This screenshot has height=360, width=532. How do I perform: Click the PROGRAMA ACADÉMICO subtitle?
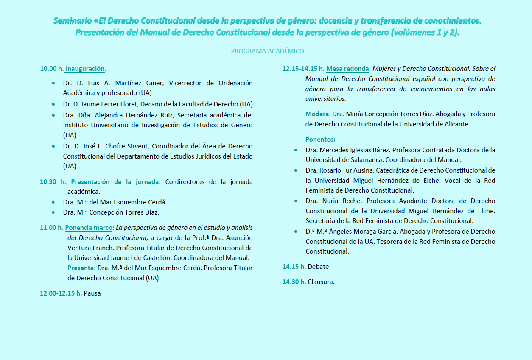point(267,51)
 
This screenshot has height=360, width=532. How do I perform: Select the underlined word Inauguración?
point(85,68)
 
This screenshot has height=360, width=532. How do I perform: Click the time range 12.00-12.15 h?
point(61,293)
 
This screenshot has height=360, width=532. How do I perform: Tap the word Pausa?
point(92,293)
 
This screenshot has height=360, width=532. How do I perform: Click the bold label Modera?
point(318,114)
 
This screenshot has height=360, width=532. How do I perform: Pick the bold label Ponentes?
point(320,139)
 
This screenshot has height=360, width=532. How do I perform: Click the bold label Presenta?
point(81,268)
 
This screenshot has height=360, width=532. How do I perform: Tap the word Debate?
point(318,267)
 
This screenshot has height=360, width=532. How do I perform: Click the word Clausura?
point(321,282)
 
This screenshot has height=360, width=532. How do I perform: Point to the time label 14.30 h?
point(294,282)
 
